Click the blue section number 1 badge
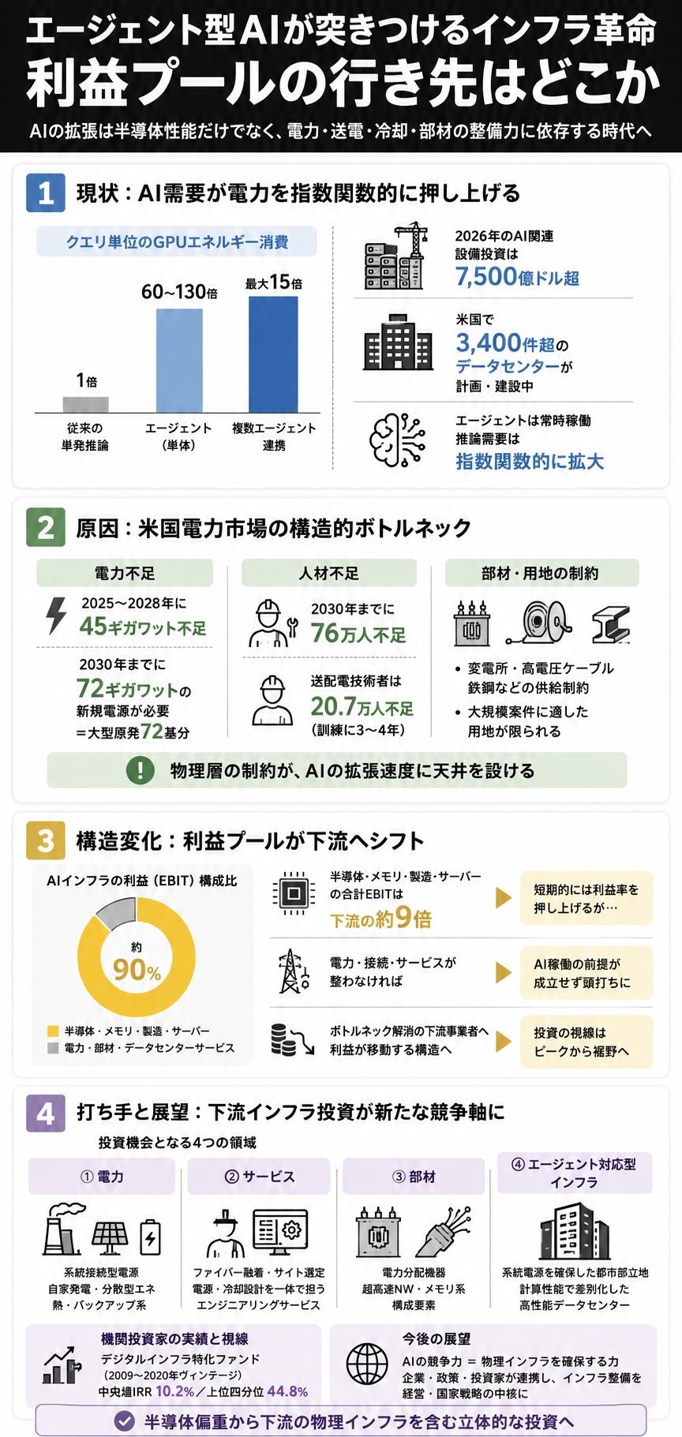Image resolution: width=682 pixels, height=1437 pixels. [x=45, y=193]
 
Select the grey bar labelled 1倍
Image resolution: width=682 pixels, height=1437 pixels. [x=86, y=404]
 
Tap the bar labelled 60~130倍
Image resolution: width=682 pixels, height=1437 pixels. [x=179, y=360]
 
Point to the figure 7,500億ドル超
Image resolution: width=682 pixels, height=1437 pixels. [x=517, y=276]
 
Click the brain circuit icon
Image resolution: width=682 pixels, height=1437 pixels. [x=398, y=438]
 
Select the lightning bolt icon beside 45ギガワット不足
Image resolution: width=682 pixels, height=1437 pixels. [x=57, y=616]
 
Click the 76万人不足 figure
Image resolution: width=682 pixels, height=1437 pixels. [x=358, y=634]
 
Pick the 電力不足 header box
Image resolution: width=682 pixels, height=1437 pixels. [x=125, y=573]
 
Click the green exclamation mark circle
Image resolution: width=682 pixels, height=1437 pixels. [x=141, y=769]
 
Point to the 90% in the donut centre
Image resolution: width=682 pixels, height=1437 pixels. [x=137, y=970]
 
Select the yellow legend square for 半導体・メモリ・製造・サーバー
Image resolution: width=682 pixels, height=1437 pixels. [x=53, y=1031]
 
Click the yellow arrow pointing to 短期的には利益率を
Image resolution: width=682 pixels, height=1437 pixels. [x=503, y=897]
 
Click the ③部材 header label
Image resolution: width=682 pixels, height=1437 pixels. [x=414, y=1176]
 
